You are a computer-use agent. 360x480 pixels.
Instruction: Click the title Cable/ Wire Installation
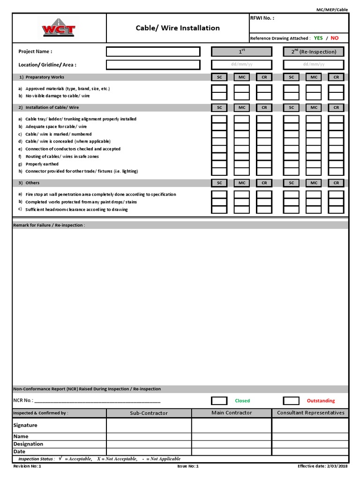178,28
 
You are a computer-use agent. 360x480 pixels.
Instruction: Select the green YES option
318,38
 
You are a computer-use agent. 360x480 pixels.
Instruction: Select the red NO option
334,38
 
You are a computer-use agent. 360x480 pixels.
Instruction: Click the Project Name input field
153,52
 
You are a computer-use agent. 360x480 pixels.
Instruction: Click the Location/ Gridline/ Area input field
153,65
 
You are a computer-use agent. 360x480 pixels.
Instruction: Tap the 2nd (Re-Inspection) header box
314,52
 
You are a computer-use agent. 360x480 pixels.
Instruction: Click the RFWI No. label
262,18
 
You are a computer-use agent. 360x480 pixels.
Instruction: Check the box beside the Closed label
219,401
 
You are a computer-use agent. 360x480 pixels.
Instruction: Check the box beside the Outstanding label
291,401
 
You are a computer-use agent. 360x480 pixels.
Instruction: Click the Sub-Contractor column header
149,413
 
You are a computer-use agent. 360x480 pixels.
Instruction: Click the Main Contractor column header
232,413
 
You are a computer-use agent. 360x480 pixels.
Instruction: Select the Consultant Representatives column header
310,413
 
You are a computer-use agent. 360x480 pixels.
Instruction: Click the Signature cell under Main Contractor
232,425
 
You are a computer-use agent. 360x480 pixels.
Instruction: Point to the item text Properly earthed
42,164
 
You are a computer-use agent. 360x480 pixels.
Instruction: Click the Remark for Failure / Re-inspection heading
49,225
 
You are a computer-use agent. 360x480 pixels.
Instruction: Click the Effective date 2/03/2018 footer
322,466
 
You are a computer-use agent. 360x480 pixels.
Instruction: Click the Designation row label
28,444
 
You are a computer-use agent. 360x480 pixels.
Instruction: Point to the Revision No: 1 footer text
27,466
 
